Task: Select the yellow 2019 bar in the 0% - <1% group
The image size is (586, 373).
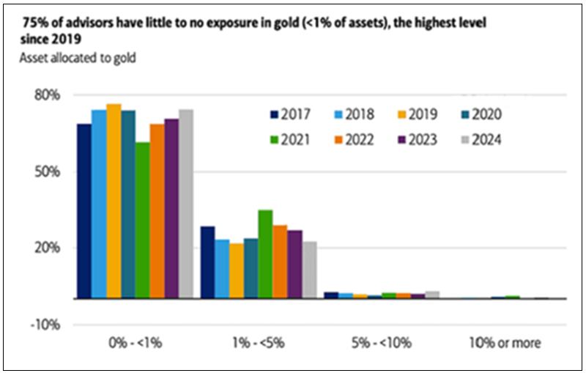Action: coord(114,202)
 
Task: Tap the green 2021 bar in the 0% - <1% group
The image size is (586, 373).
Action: coord(143,220)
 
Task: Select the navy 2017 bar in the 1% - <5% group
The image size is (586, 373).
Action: coord(207,262)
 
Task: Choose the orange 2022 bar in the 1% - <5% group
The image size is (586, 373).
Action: coord(280,262)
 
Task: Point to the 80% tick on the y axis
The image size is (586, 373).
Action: coord(45,95)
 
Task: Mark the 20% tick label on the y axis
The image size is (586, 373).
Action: coord(45,248)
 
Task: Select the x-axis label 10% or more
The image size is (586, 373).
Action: coord(503,342)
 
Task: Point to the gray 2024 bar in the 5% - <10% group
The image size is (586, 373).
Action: coord(432,295)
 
